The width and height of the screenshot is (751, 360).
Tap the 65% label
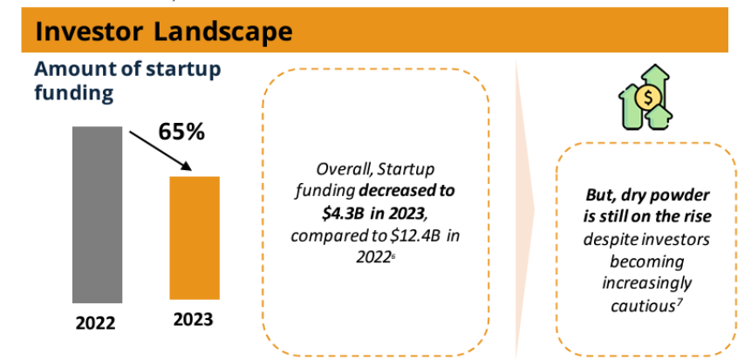(181, 132)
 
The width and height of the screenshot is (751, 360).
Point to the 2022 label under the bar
(97, 322)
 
